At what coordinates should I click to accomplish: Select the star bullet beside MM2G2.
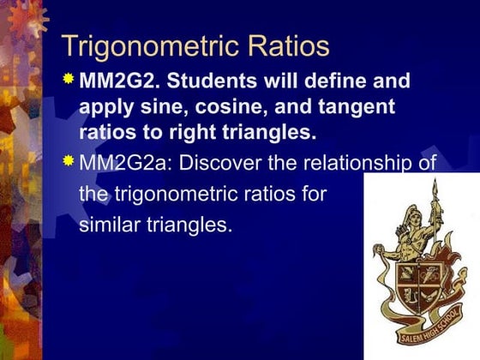[x=69, y=80]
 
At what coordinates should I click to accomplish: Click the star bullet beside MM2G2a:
[x=69, y=159]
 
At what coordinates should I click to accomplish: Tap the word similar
[x=111, y=229]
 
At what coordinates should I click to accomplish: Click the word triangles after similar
[x=190, y=229]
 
